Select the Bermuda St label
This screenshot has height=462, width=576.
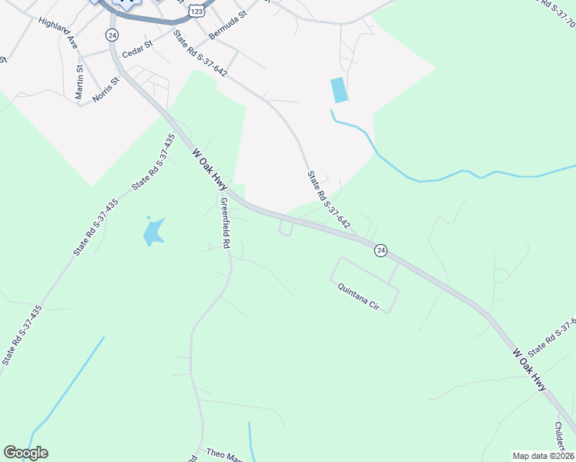[x=225, y=25]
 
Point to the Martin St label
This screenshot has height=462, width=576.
[x=79, y=82]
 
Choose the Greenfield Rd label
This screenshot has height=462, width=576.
[x=225, y=222]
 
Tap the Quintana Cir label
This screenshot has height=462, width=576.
[x=360, y=296]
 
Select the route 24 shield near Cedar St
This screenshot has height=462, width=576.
[x=112, y=35]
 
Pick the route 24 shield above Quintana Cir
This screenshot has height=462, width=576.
[x=380, y=250]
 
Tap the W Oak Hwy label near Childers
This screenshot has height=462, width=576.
[x=530, y=370]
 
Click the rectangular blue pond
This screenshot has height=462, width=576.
[x=339, y=90]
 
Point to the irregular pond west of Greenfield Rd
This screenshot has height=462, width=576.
[x=154, y=231]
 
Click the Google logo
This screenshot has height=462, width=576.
[x=25, y=453]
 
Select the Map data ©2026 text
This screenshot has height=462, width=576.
[x=542, y=456]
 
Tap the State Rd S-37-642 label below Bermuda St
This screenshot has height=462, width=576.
[x=199, y=52]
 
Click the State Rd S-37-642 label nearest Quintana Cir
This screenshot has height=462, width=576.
[x=329, y=200]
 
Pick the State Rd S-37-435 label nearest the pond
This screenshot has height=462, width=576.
[x=154, y=162]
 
